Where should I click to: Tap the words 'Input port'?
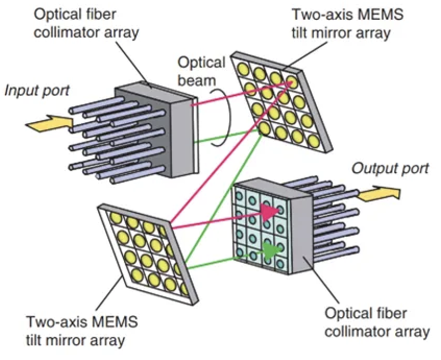37,91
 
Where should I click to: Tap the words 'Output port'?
390,169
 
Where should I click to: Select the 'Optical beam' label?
201,71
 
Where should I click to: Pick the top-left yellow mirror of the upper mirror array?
244,69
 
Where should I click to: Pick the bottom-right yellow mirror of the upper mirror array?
314,141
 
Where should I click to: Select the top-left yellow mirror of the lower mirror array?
116,218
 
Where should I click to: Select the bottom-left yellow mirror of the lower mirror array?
137,275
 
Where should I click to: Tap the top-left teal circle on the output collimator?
239,195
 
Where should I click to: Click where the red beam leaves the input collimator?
192,105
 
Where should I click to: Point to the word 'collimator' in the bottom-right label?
358,332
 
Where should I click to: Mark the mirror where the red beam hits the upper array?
293,82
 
